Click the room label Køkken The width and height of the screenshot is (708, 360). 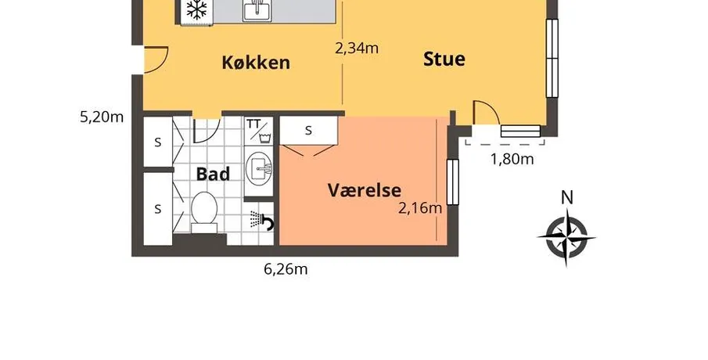256,63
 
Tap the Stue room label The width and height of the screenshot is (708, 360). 444,59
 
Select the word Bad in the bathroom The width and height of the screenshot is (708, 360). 213,174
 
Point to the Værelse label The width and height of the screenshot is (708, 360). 364,190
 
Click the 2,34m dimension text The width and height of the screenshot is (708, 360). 357,48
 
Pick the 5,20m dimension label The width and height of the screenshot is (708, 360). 102,117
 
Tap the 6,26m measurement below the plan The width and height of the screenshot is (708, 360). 286,269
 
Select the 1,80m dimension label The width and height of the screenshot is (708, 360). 512,159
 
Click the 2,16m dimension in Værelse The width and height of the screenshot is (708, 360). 420,208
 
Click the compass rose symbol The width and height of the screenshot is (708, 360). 566,236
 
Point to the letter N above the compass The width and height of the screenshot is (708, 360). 567,197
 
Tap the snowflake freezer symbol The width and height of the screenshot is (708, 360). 197,9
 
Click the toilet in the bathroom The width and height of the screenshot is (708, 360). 204,212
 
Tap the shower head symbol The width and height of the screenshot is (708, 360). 262,221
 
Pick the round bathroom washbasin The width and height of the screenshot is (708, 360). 259,168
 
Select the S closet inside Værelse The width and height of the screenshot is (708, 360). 309,131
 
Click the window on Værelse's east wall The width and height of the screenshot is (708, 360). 452,182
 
